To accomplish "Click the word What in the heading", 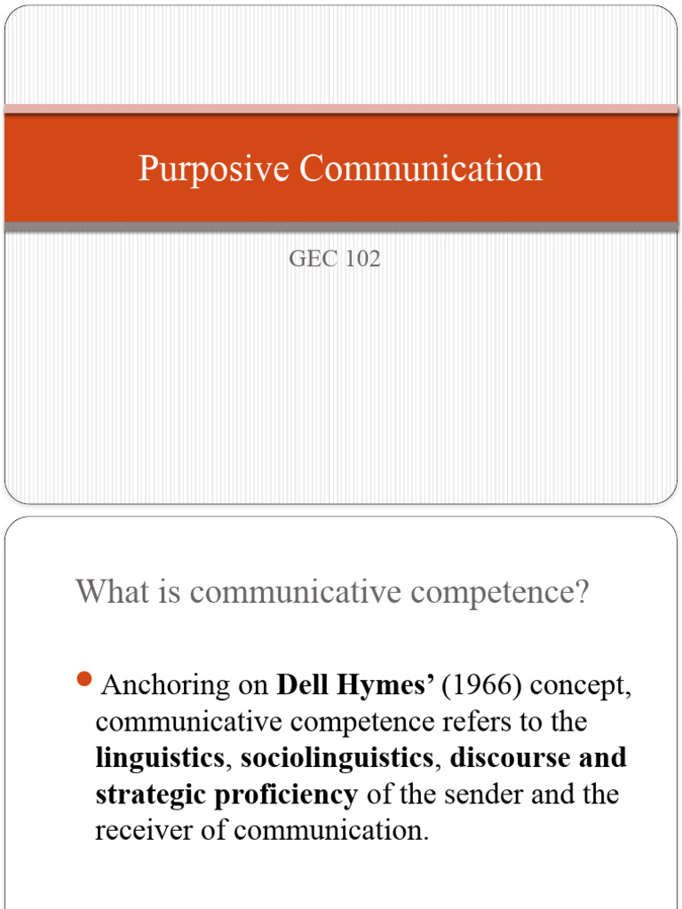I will [111, 591].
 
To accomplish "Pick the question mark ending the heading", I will [582, 591].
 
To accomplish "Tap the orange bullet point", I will [85, 681].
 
